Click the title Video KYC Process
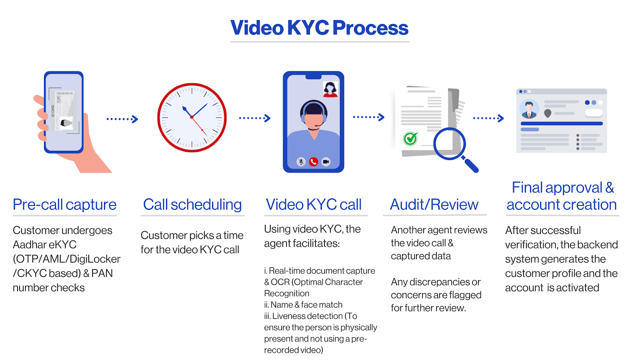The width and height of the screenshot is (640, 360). coord(319,28)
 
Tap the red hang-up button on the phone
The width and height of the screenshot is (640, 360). coord(314,162)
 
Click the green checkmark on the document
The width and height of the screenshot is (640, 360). coord(410,139)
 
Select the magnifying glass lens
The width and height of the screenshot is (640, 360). coord(449,144)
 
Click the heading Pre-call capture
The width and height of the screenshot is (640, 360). coord(64,205)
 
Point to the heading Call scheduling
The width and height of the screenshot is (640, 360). coord(192,205)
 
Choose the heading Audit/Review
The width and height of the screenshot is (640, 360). coord(434,205)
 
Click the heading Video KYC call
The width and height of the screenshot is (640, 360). coord(314,205)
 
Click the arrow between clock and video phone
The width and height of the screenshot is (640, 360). coord(255,118)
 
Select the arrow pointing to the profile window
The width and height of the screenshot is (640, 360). coord(488,118)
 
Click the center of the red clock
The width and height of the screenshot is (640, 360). coord(192,117)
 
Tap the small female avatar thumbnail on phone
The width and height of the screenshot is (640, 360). coord(330,89)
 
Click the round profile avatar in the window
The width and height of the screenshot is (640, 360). coord(529,108)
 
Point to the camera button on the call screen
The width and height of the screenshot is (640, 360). coord(326,162)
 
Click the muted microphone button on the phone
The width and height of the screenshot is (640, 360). coord(301,162)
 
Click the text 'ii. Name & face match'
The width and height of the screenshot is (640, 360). coord(303,305)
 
